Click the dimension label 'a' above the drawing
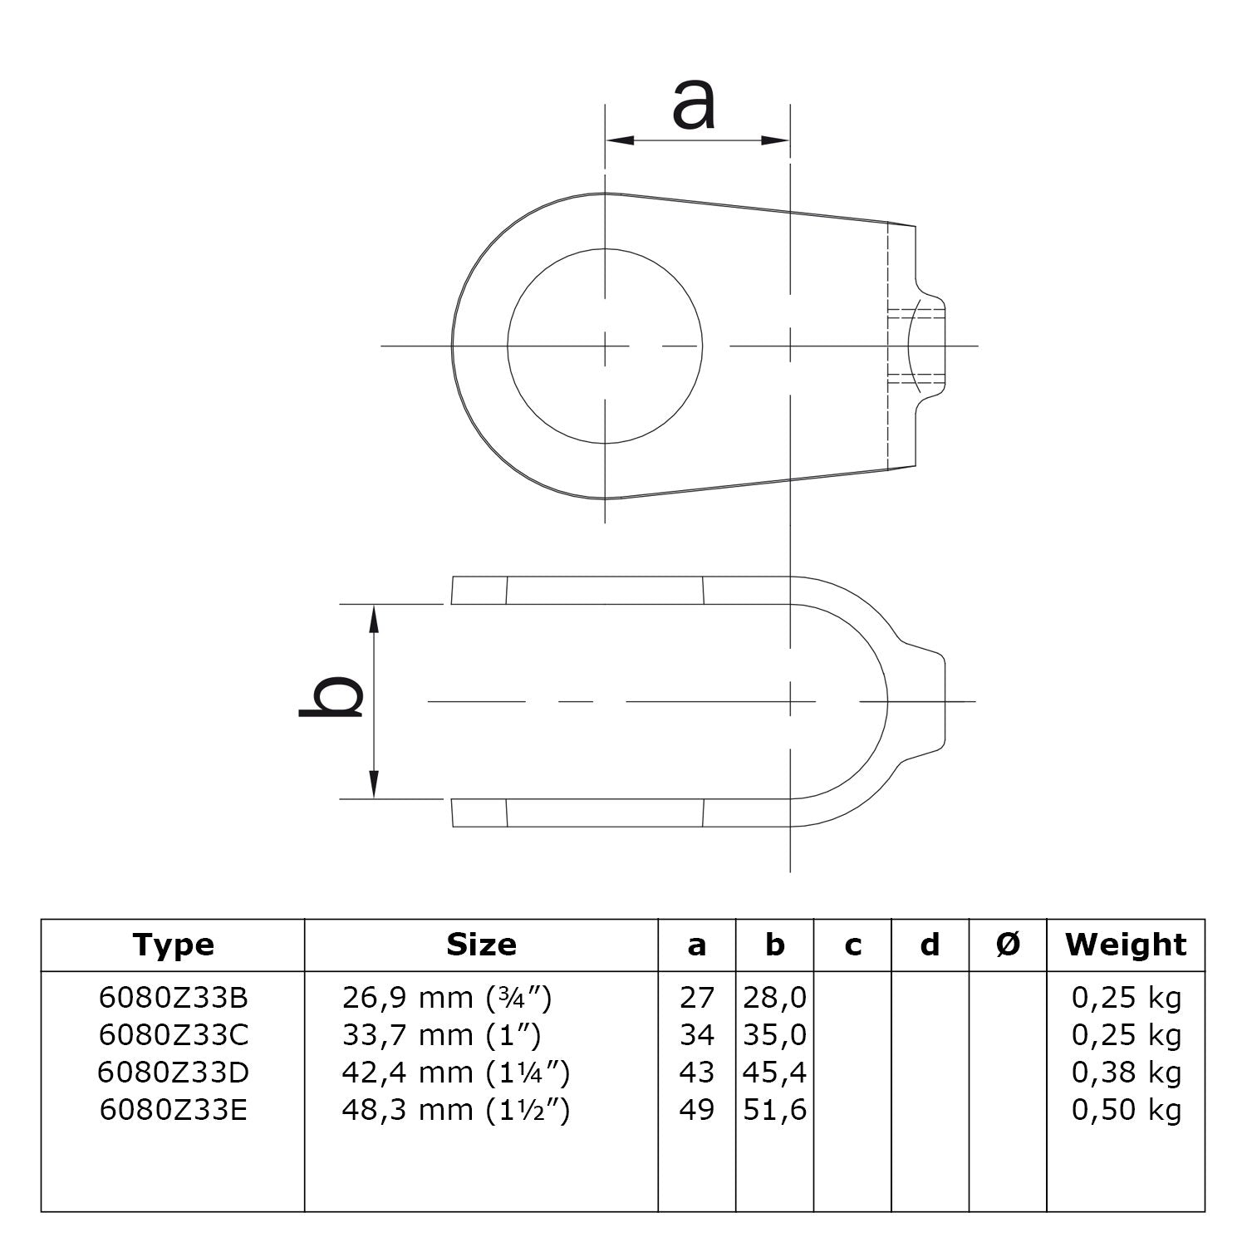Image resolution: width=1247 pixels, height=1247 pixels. pos(693,104)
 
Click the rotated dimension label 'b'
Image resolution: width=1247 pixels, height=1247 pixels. pos(331,696)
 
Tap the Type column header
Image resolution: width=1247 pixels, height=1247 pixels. pos(173,945)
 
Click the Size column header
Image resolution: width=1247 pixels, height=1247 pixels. pos(481,945)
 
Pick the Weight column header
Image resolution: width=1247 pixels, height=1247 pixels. pos(1126,945)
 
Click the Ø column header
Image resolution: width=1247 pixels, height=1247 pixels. pos(1008,945)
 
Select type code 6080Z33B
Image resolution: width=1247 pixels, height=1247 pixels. pos(173,998)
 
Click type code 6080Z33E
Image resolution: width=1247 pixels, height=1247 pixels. pos(173,1110)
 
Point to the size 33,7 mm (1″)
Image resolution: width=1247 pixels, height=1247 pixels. pos(441,1035)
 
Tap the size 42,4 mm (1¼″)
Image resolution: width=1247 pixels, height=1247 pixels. pos(455,1073)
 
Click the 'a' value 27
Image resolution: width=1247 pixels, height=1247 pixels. pos(696,998)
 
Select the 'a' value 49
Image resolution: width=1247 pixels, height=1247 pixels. pos(696,1110)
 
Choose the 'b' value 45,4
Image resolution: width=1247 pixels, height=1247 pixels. pos(774,1073)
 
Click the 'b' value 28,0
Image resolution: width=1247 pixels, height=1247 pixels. pos(774,998)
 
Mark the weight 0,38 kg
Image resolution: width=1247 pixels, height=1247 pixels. pos(1126,1073)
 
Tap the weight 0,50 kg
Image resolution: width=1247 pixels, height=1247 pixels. pos(1126,1110)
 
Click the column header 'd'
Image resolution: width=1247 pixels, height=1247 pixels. pos(930,945)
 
